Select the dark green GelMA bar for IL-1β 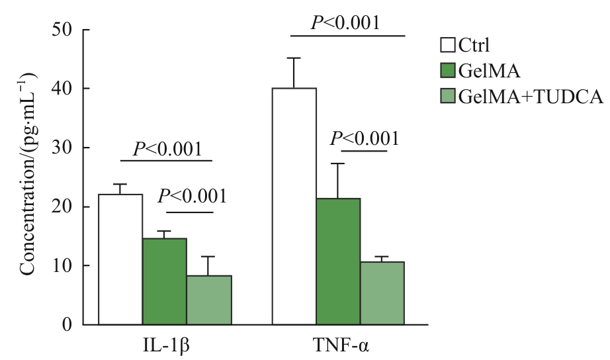click(x=164, y=281)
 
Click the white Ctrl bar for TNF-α click(x=294, y=206)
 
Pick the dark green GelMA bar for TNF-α click(x=337, y=261)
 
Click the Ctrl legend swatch click(x=448, y=46)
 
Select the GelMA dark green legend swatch click(x=448, y=71)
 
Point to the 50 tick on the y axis click(x=64, y=30)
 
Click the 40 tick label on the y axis click(x=64, y=89)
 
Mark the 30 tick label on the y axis click(x=64, y=148)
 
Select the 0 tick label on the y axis click(x=69, y=324)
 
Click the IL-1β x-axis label click(x=165, y=346)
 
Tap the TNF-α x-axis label click(x=338, y=346)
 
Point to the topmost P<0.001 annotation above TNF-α click(x=345, y=23)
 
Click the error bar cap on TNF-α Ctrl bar click(x=294, y=58)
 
